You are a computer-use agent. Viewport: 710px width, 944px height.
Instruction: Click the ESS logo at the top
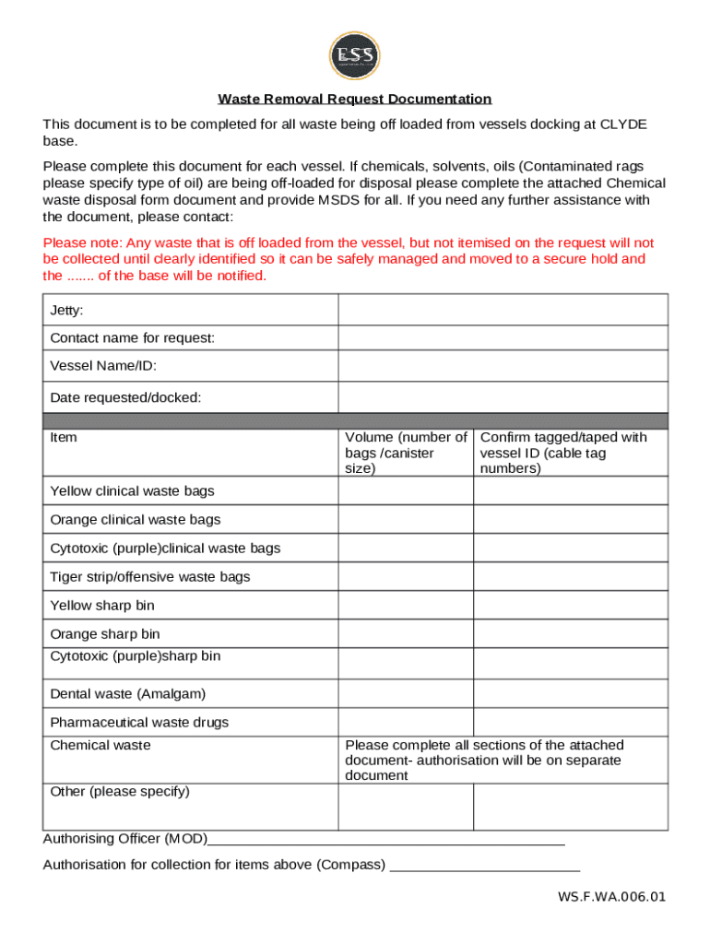354,55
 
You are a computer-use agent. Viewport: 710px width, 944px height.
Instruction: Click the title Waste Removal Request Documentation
354,100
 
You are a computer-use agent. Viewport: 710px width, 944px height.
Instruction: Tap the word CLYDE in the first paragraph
623,124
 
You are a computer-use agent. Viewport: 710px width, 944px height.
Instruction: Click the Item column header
64,438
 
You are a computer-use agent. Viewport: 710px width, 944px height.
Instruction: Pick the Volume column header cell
406,452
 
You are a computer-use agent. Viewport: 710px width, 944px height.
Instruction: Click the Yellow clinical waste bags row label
132,491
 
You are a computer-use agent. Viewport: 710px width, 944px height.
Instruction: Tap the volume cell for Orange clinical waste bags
406,520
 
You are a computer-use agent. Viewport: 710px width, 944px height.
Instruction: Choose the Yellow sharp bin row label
102,606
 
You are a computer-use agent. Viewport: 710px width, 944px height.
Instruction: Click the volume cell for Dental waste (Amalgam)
406,693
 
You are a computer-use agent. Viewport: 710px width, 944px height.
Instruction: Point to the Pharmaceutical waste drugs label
139,722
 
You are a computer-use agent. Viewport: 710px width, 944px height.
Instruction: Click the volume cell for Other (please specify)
406,808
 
